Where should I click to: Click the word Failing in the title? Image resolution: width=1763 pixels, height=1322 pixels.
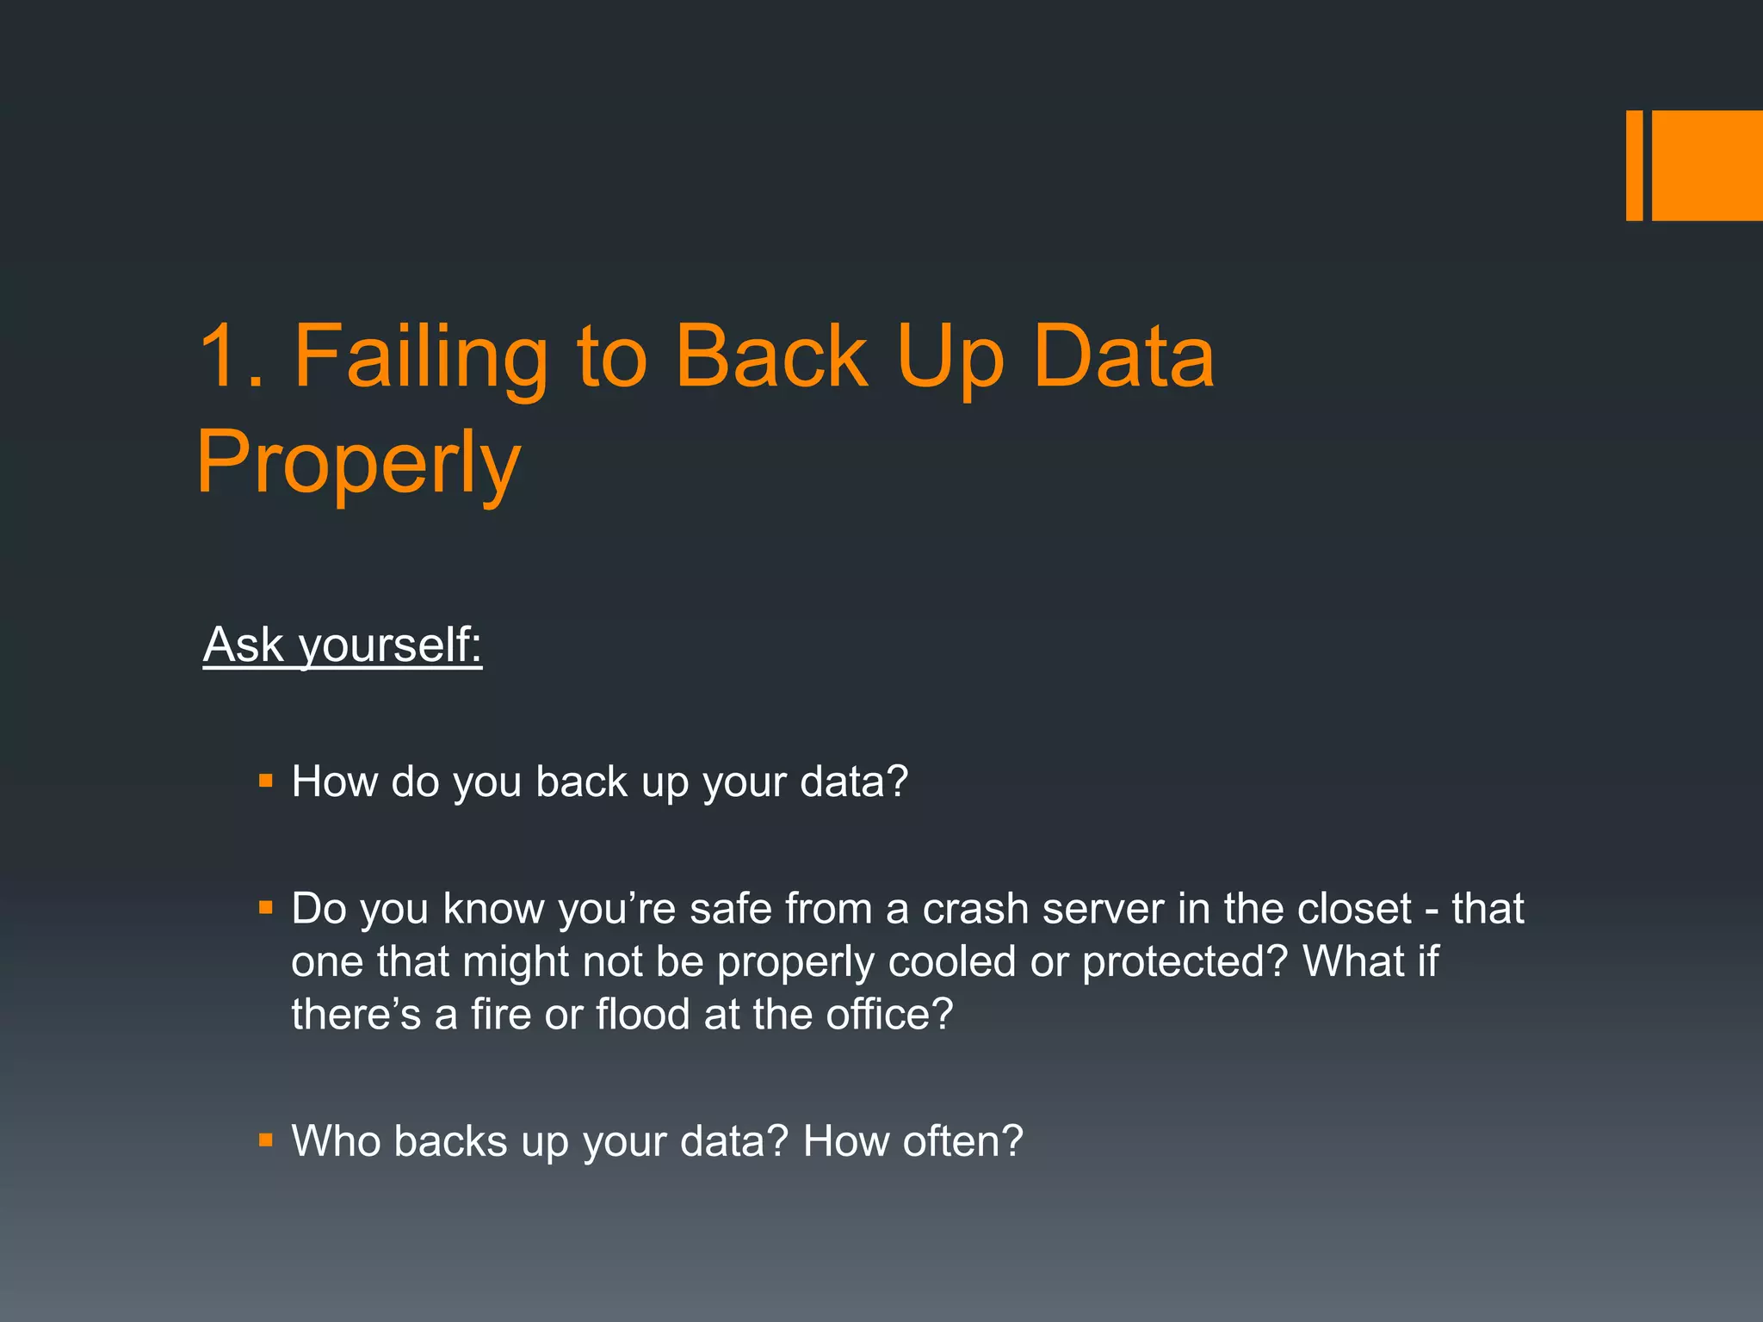[x=421, y=355]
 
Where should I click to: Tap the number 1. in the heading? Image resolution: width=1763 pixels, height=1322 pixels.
[x=230, y=355]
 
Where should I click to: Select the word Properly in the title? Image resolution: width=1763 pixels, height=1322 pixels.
[x=358, y=462]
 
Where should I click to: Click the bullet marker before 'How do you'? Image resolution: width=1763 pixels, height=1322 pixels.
[x=266, y=781]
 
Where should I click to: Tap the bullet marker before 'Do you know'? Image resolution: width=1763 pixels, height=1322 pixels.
[x=266, y=907]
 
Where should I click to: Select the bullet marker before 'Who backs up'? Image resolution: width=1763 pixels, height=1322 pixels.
[x=266, y=1141]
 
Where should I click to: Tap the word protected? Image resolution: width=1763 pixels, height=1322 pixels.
[x=1185, y=961]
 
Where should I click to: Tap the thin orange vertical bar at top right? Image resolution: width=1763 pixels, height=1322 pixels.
[x=1634, y=165]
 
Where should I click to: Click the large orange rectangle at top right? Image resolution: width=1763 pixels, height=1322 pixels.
[x=1707, y=165]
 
